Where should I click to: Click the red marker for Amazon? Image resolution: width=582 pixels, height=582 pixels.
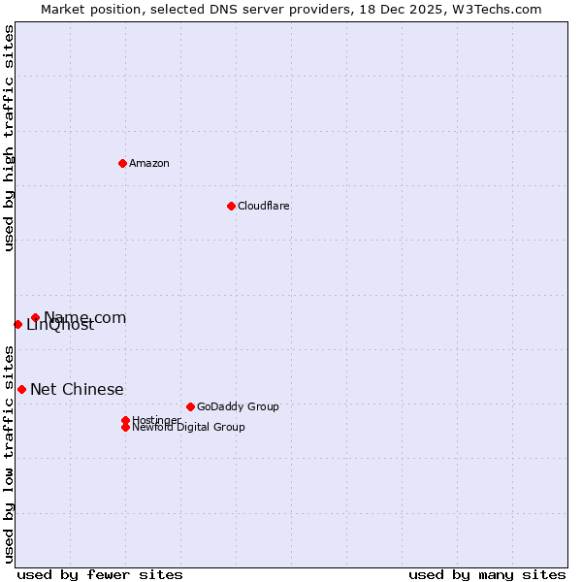point(122,163)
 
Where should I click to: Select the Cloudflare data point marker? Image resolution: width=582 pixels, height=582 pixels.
point(231,206)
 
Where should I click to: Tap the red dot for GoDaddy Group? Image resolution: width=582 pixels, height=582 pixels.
point(190,406)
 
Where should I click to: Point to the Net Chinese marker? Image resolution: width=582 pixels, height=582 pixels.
point(21,389)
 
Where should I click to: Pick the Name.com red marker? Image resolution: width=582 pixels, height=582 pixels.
point(35,317)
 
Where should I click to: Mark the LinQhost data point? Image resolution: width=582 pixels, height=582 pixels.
point(17,324)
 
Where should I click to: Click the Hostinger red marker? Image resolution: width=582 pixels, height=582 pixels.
point(125,420)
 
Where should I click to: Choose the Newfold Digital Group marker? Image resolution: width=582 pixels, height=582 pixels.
point(125,427)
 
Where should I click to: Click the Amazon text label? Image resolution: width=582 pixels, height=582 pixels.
point(149,163)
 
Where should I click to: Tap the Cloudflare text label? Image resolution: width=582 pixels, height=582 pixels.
point(264,206)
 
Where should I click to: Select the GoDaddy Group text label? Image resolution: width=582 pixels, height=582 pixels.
point(238,406)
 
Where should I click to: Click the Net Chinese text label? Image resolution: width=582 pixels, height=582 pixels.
point(77,389)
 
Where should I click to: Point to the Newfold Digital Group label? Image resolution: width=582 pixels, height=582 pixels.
point(188,428)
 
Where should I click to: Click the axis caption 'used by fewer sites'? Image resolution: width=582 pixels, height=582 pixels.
point(100,574)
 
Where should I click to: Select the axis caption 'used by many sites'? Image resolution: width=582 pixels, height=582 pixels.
point(487,574)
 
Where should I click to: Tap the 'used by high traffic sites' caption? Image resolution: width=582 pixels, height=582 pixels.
point(10,138)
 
